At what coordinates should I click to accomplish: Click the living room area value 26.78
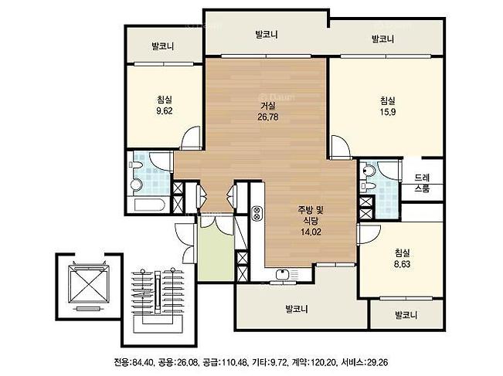click(268, 117)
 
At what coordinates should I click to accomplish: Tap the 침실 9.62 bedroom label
click(165, 105)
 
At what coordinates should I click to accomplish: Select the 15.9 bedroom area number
click(388, 112)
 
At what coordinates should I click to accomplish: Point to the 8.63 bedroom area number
click(402, 265)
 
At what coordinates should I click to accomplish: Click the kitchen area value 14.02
click(311, 232)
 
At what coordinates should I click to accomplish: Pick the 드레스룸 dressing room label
click(422, 183)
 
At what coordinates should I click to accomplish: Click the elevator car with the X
click(89, 284)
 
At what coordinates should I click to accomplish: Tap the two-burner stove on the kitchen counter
click(257, 213)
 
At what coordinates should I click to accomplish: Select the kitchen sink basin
click(282, 275)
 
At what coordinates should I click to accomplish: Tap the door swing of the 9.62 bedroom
click(191, 138)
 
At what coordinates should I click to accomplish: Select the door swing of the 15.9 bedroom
click(340, 147)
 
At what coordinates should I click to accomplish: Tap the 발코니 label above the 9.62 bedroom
click(162, 46)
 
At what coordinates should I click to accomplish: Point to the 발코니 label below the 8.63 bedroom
click(406, 315)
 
